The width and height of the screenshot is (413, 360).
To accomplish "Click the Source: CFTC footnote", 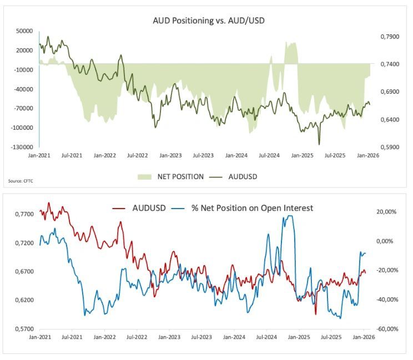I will pos(19,181).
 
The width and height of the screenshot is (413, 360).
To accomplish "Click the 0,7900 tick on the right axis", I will pos(389,37).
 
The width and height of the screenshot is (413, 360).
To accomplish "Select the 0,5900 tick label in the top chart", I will pos(389,148).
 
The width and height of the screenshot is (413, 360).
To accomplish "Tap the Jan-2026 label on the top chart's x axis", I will pos(367,156).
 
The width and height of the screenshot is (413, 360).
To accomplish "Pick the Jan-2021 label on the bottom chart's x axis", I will pos(39,337).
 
